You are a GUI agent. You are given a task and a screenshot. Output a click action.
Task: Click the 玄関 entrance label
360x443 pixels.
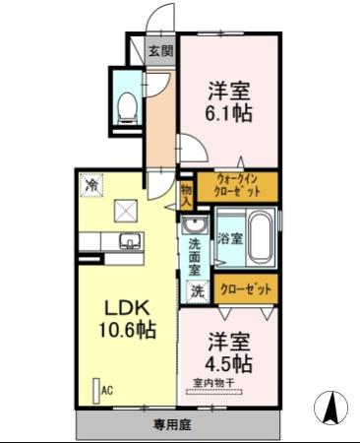[x=161, y=50]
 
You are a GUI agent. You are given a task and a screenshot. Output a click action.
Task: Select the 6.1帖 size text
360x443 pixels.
[x=228, y=113]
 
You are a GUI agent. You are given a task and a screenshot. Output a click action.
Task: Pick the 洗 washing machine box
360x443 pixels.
[x=196, y=291]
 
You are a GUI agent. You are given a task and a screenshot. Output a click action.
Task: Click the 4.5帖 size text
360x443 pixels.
[x=228, y=364]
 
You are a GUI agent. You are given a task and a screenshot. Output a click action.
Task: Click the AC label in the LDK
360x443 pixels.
[x=105, y=391]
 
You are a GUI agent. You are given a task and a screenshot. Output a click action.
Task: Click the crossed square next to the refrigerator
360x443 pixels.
[x=126, y=209]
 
